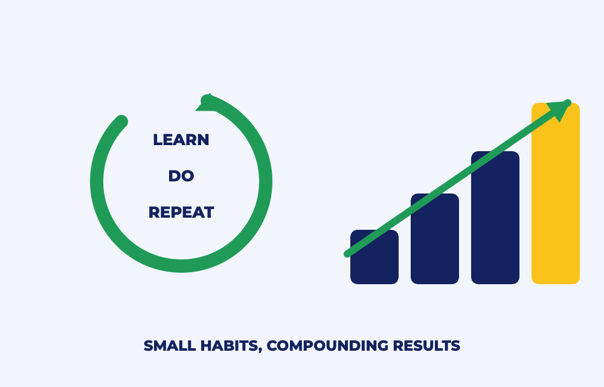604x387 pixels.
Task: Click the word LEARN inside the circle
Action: [181, 140]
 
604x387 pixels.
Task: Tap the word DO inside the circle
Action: [181, 176]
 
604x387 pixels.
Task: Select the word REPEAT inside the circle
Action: [181, 212]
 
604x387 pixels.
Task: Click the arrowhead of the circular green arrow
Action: [207, 103]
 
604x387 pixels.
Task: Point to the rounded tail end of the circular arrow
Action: [121, 122]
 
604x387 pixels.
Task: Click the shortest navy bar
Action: [374, 257]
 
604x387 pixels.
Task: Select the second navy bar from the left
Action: [435, 239]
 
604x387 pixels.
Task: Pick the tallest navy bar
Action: [495, 218]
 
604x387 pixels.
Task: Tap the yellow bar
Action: [556, 193]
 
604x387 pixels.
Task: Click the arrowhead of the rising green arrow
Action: [561, 109]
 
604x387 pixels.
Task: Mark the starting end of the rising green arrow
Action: [347, 254]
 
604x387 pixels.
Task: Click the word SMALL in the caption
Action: [170, 346]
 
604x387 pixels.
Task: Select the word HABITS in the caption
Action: [230, 346]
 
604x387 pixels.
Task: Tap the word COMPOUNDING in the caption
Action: [327, 346]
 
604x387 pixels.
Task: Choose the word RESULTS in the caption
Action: [426, 346]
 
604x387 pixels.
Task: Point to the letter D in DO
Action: [174, 176]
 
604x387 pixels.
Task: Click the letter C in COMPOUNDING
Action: [272, 346]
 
